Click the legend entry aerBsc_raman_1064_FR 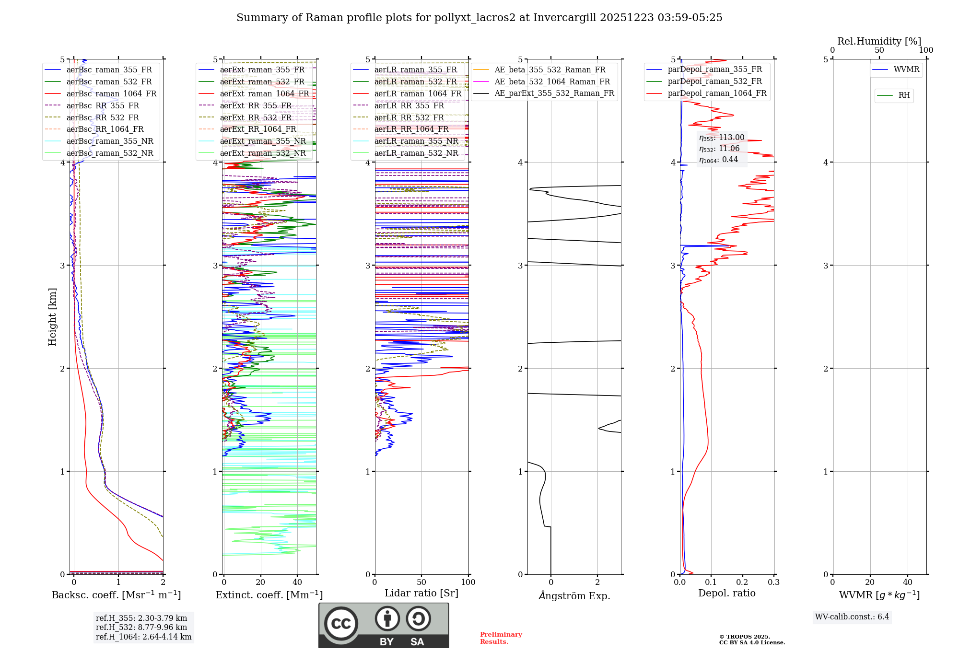tap(111, 93)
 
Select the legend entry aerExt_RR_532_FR tap(256, 117)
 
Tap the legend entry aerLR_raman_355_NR tap(416, 141)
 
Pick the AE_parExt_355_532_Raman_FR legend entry tap(554, 93)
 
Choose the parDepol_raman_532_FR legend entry tap(714, 81)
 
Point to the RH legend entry tap(904, 95)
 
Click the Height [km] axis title tap(52, 317)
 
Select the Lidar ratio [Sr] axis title tap(421, 593)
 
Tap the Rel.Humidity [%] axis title tap(879, 41)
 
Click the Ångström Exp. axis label tap(574, 595)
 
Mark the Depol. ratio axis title tap(726, 593)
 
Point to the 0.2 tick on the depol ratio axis tap(742, 582)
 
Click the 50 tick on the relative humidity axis tap(879, 50)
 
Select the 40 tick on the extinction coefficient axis tap(297, 582)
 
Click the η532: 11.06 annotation tap(719, 149)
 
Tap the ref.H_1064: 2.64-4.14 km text tap(143, 637)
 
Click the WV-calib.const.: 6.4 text tap(852, 617)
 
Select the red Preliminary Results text tap(501, 638)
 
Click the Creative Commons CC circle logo tap(341, 624)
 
